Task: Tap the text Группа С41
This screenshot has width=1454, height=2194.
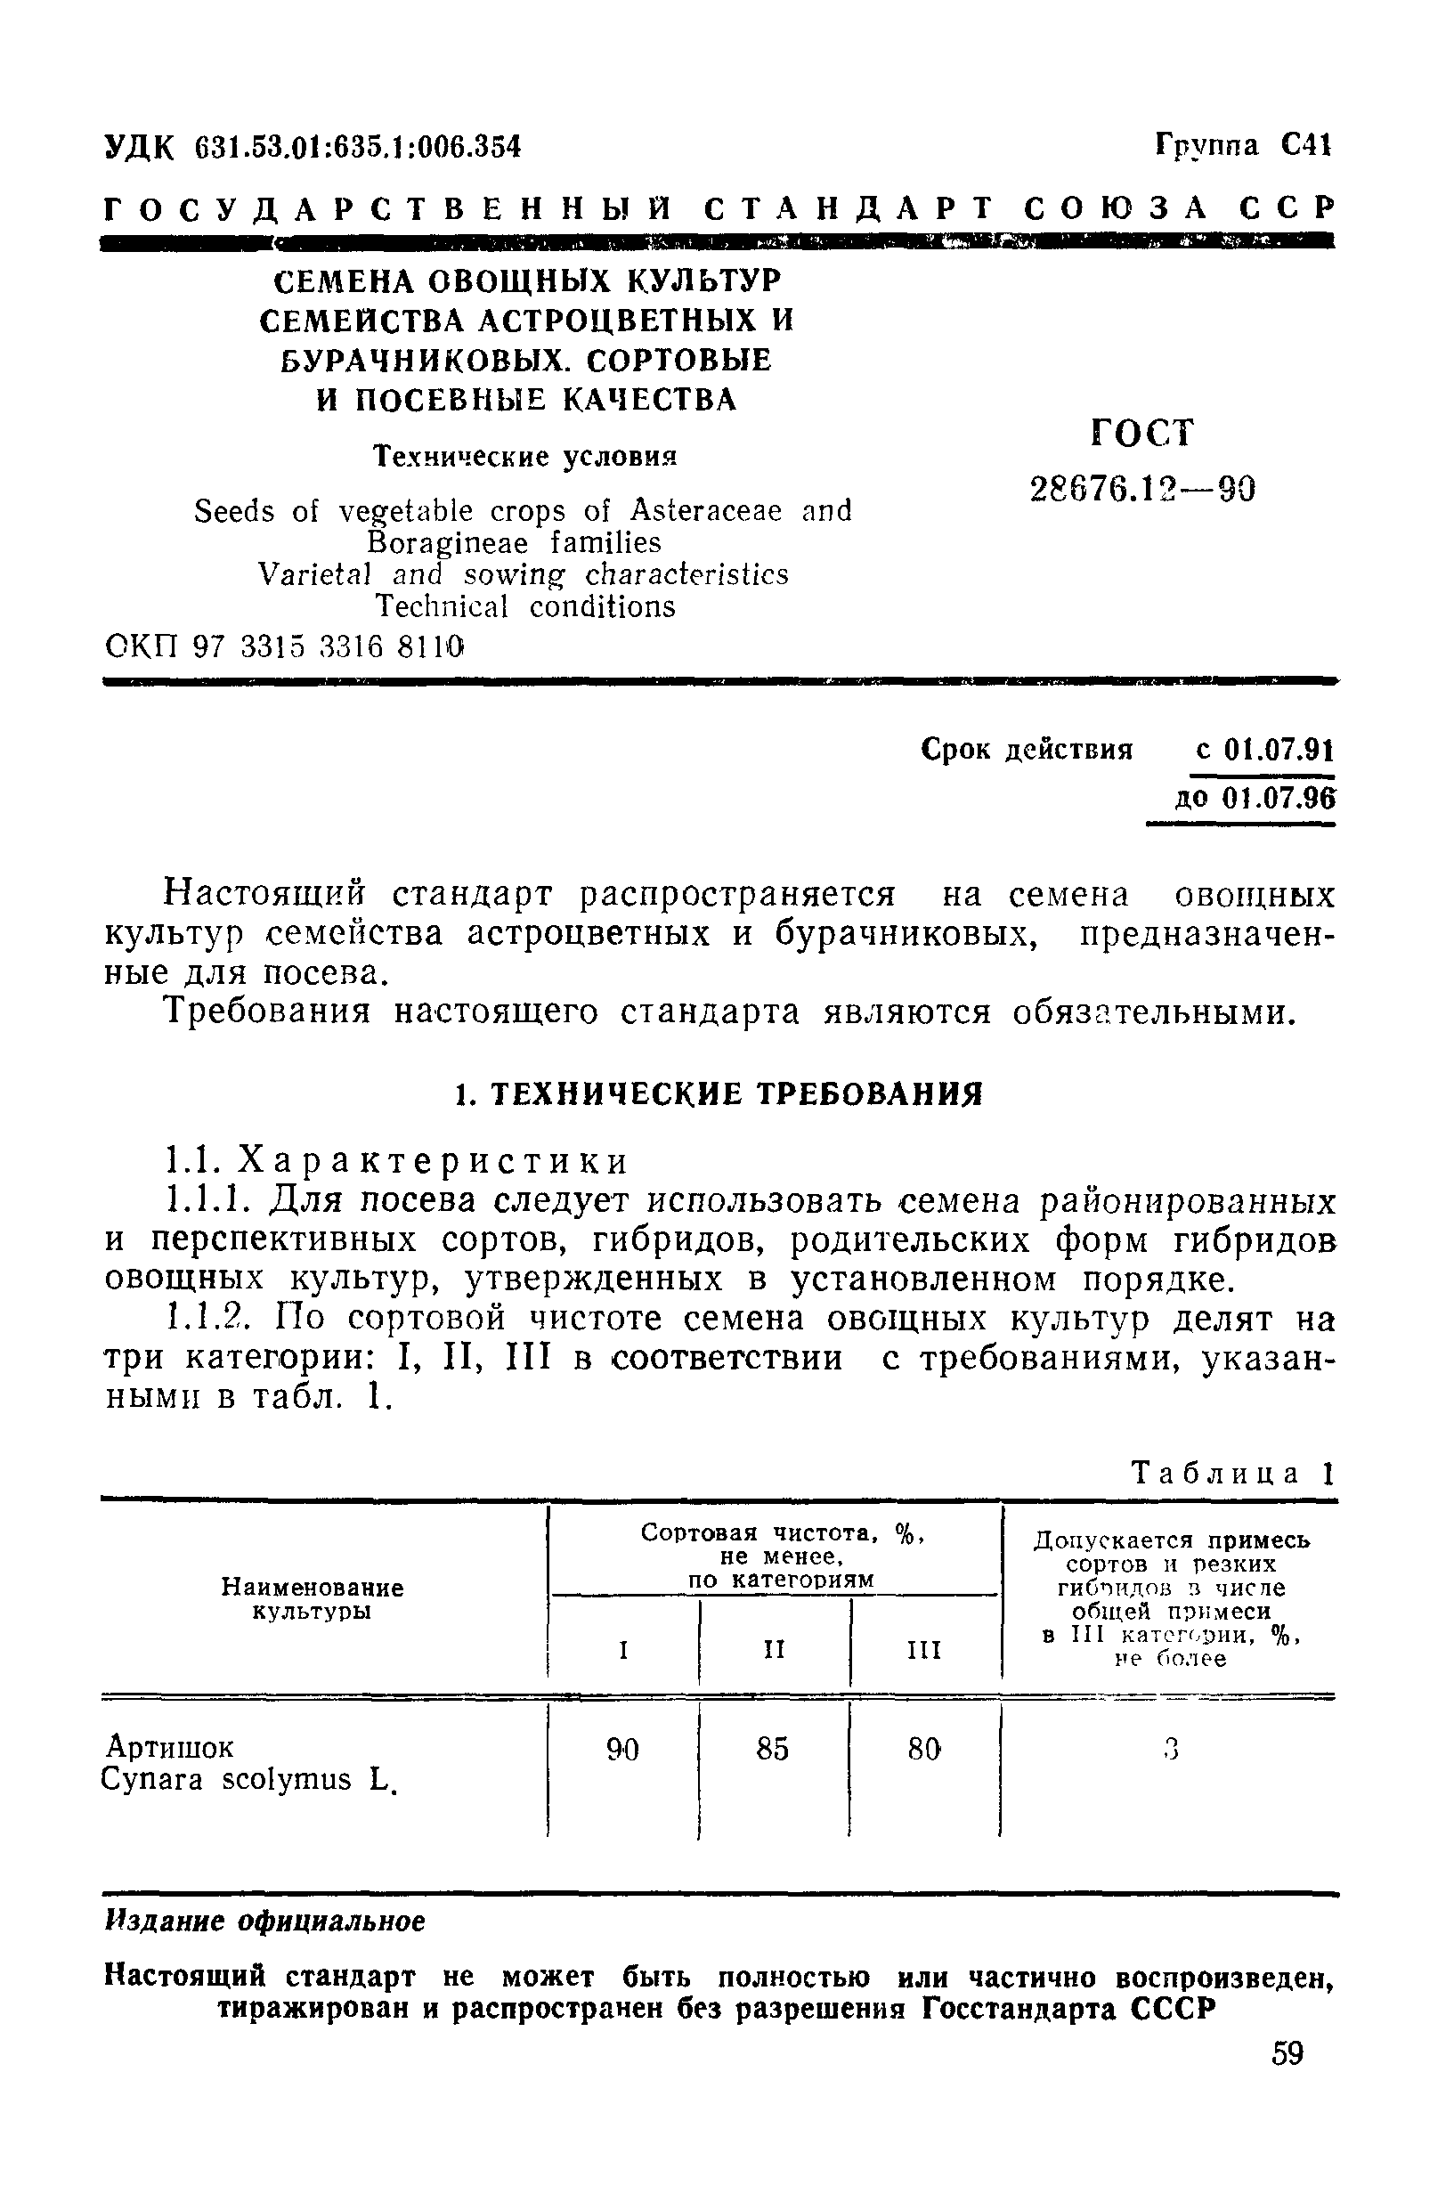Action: coord(1243,146)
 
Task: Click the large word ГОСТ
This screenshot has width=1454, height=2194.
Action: coord(1142,433)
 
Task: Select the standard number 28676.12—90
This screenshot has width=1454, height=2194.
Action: coord(1142,489)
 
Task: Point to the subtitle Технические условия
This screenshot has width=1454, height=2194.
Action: coord(524,456)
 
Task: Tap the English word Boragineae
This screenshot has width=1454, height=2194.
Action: coord(448,542)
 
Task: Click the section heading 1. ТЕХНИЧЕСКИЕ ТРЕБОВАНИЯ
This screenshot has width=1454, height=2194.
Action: coord(719,1094)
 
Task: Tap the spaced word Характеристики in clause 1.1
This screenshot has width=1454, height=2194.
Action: coord(434,1161)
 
